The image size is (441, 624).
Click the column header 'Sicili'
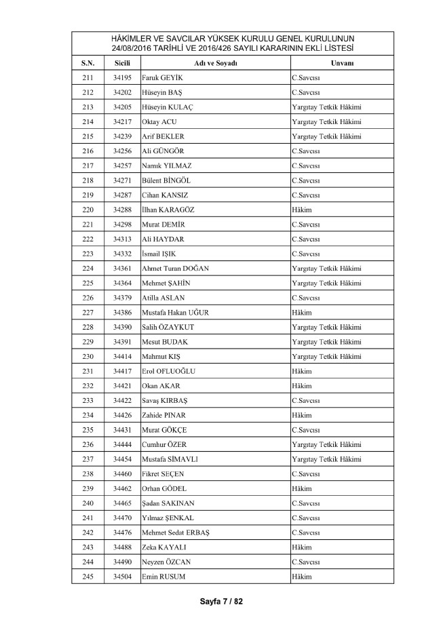tap(122, 63)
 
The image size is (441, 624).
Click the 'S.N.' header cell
tap(88, 63)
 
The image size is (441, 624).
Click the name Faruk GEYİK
tap(163, 77)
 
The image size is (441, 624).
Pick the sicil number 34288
tap(122, 210)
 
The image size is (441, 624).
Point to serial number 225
tap(88, 283)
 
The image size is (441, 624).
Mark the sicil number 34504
tap(122, 577)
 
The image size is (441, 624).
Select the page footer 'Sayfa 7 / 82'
tap(220, 601)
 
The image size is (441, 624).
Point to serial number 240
tap(88, 503)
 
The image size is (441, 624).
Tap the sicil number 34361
tap(122, 268)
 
